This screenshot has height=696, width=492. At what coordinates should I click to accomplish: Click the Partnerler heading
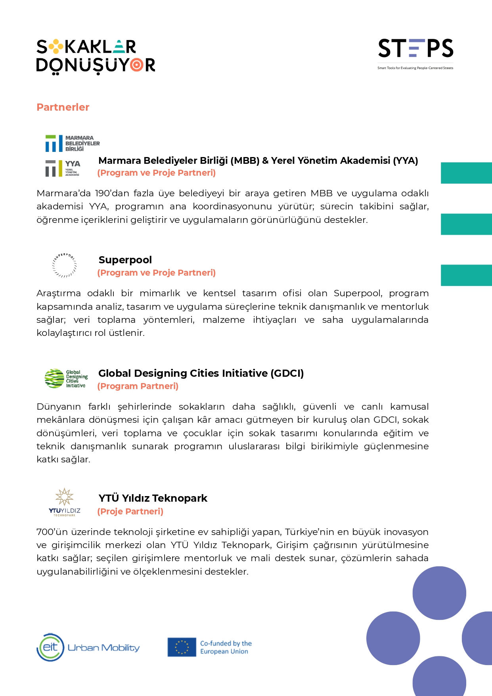(x=63, y=107)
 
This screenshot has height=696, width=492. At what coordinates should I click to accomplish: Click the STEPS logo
(x=415, y=48)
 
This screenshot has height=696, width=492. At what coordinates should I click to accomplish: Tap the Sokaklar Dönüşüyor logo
(x=96, y=56)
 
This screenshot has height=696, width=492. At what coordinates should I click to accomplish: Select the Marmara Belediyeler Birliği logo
(x=72, y=143)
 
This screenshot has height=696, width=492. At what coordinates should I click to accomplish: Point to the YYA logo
(x=63, y=168)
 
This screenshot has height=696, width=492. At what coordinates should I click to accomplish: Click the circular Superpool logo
(x=64, y=265)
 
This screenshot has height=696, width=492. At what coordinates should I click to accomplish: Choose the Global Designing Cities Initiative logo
(x=66, y=379)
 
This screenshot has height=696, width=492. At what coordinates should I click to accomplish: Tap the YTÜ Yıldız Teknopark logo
(x=64, y=502)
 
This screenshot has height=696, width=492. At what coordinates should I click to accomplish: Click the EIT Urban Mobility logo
(x=88, y=647)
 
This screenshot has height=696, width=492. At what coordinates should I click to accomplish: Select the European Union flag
(x=182, y=647)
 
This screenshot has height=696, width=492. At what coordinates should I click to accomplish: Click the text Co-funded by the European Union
(x=226, y=647)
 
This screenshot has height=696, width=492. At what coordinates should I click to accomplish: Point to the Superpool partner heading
(x=125, y=260)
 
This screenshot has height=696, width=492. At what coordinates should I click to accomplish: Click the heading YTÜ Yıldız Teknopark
(x=153, y=498)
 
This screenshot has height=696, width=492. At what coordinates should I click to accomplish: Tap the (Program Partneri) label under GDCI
(x=138, y=386)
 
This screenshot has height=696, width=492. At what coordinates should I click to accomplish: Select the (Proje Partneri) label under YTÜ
(x=130, y=511)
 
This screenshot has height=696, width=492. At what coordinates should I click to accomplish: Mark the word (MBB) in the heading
(x=245, y=161)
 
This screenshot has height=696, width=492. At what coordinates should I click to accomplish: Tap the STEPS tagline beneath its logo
(x=415, y=68)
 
